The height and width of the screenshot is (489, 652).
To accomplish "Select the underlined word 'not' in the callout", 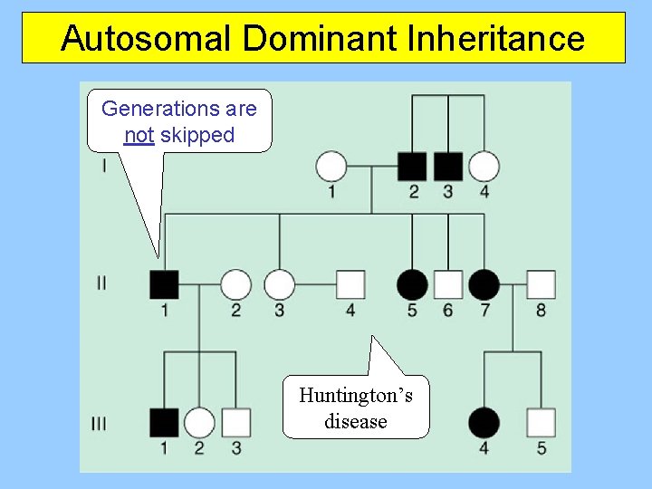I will pyautogui.click(x=139, y=136).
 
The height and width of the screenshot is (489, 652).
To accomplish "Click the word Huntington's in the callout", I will pyautogui.click(x=356, y=395).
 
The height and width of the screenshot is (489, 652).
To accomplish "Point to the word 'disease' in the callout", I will pyautogui.click(x=356, y=421).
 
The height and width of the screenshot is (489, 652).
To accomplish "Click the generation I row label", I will pyautogui.click(x=104, y=166).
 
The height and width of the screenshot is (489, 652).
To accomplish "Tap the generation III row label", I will pyautogui.click(x=99, y=423).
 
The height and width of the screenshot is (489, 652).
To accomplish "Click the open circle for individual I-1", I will pyautogui.click(x=331, y=167).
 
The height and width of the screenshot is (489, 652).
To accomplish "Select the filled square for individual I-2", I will pyautogui.click(x=412, y=167).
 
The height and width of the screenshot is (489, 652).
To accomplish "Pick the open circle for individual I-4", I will pyautogui.click(x=484, y=167).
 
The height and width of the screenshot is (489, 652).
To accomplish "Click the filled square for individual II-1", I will pyautogui.click(x=164, y=284).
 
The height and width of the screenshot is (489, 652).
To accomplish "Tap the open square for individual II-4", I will pyautogui.click(x=350, y=284).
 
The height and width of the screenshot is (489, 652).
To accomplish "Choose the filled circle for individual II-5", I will pyautogui.click(x=412, y=284).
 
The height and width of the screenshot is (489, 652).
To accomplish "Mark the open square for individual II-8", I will pyautogui.click(x=541, y=284).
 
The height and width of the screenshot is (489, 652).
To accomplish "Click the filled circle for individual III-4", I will pyautogui.click(x=484, y=422).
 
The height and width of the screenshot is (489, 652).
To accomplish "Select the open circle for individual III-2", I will pyautogui.click(x=199, y=422).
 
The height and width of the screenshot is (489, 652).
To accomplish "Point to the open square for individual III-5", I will pyautogui.click(x=541, y=422).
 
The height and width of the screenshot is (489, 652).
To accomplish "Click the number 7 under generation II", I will pyautogui.click(x=484, y=311).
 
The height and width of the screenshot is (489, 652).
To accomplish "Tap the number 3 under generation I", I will pyautogui.click(x=448, y=191).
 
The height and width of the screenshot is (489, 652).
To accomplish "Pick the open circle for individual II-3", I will pyautogui.click(x=280, y=284).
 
